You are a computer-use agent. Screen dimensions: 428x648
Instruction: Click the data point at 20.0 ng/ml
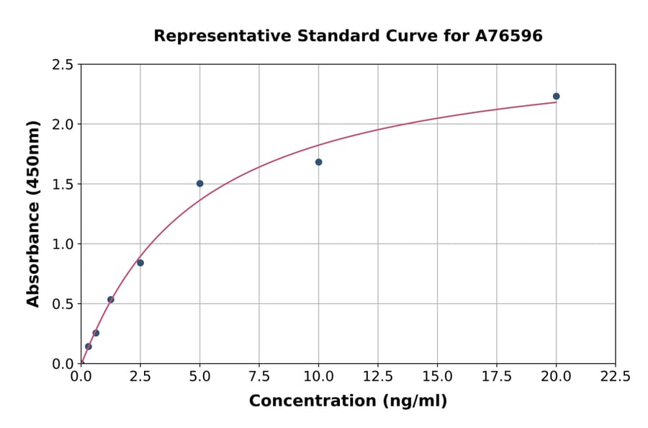[556, 97]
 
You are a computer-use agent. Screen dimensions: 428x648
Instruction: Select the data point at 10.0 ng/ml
[318, 162]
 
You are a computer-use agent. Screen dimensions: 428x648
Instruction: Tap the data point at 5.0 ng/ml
[199, 184]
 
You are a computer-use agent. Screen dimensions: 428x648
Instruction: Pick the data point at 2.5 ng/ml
[140, 263]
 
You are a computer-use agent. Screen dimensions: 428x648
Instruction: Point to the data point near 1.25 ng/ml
[111, 300]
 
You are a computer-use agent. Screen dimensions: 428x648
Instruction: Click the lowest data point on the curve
[89, 347]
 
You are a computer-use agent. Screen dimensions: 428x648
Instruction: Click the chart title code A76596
[509, 36]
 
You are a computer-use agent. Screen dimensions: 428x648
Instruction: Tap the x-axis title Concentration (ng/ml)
[348, 401]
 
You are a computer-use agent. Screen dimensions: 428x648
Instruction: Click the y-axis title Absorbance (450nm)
[33, 213]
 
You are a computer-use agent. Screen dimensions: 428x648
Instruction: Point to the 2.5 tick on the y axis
[63, 65]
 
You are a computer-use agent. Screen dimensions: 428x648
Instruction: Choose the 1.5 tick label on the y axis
[63, 184]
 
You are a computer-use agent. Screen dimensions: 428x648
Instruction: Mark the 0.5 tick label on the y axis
[63, 304]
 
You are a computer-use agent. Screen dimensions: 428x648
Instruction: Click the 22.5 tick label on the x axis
[615, 376]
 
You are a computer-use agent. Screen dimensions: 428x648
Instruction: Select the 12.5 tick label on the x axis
[377, 376]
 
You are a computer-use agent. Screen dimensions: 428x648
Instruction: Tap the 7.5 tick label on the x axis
[259, 376]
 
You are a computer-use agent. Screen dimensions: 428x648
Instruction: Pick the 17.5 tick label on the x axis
[496, 376]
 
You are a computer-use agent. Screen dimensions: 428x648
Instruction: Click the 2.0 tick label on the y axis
[63, 125]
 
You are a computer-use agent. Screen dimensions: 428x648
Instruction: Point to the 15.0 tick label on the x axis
[437, 376]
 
